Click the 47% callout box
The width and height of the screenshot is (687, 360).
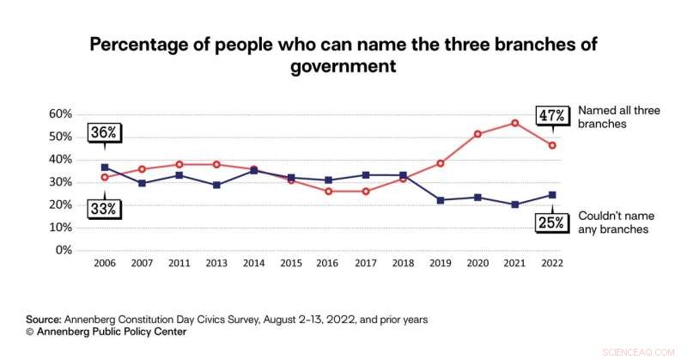pos(550,115)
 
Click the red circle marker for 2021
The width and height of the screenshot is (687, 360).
pos(514,123)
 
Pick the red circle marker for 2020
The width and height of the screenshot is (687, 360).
pos(477,134)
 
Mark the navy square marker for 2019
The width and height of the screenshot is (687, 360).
pos(441,200)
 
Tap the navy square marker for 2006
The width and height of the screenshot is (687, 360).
pos(105,168)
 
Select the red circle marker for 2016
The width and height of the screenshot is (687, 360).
pos(329,191)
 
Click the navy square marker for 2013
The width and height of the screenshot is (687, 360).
pos(216,185)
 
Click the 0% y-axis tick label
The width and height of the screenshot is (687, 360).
pos(63,250)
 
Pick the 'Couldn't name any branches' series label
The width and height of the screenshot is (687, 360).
pos(613,223)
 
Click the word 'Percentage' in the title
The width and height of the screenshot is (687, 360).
pos(140,45)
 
